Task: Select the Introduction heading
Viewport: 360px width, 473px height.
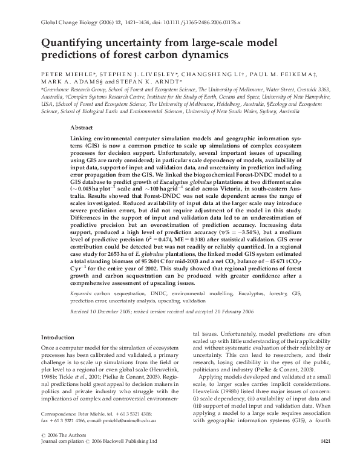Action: click(57, 336)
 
